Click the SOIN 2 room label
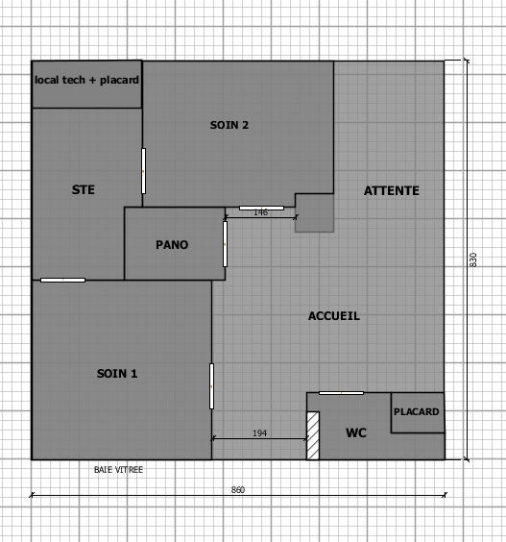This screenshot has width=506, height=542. point(229,125)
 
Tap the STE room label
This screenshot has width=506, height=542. point(84,189)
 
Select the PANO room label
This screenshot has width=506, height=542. point(172,245)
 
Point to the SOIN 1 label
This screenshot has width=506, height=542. point(117,374)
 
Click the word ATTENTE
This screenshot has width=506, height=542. point(392,191)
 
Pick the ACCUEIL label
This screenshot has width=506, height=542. point(334,316)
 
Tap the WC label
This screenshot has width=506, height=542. point(356,433)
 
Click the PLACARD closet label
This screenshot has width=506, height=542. point(417,411)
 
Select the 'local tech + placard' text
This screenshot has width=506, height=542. point(86,80)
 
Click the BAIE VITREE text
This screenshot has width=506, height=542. point(118,470)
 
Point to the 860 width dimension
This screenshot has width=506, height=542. point(237,490)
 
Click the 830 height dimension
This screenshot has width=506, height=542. point(473,259)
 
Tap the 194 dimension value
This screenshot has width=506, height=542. point(260,433)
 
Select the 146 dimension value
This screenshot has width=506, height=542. point(261,212)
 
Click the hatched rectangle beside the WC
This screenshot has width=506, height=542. point(313,435)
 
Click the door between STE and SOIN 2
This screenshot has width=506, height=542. point(143,171)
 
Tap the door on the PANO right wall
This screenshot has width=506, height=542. point(226,244)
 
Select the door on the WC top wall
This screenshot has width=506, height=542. point(341,393)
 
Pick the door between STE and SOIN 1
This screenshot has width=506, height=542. point(62,280)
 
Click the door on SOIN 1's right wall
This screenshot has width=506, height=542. point(212,386)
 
